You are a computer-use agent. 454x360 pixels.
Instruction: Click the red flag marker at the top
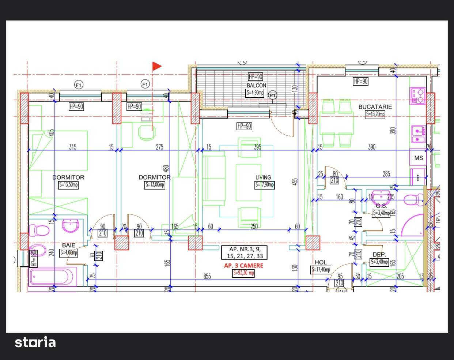[x=156, y=66]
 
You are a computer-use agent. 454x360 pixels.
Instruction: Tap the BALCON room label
[x=256, y=85]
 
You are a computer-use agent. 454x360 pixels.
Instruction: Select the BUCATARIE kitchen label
[x=375, y=107]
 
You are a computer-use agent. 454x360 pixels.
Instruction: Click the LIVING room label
[x=263, y=177]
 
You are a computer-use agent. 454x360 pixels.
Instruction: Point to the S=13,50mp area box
[x=68, y=185]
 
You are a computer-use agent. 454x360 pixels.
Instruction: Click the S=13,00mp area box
[x=155, y=185]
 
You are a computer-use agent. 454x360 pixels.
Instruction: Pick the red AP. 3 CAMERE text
[x=243, y=266]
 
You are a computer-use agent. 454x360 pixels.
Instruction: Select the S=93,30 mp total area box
[x=243, y=273]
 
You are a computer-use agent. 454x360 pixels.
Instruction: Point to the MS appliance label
[x=419, y=158]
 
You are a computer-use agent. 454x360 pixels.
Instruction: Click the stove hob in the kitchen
[x=417, y=96]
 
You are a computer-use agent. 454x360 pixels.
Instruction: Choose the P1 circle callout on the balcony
[x=272, y=95]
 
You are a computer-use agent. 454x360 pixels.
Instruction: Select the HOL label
[x=321, y=262]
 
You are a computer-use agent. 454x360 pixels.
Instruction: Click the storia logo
[x=35, y=342]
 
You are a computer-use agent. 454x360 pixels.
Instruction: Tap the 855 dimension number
[x=207, y=277]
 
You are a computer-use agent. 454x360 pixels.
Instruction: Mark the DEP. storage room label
[x=379, y=255]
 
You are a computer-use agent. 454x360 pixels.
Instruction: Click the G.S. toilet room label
[x=381, y=206]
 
